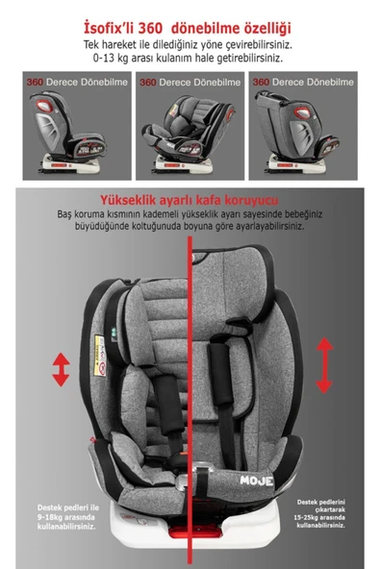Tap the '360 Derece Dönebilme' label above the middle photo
coord(189,83)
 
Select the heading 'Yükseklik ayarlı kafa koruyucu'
coord(189,199)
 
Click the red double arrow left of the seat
coord(61,369)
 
